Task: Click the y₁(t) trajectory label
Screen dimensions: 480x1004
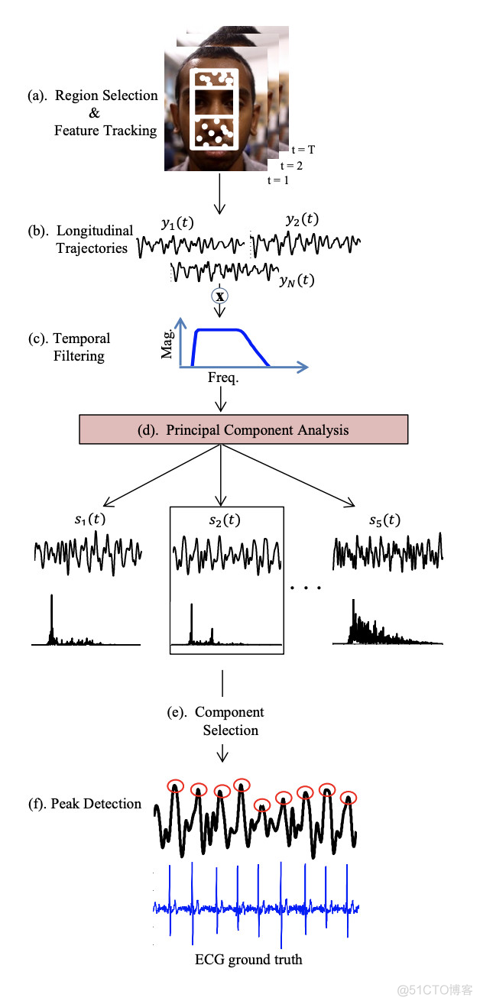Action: click(x=177, y=222)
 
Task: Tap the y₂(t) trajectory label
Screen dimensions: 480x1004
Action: click(x=303, y=219)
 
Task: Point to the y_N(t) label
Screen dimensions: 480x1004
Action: click(x=297, y=280)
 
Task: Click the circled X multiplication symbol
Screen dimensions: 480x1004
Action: click(x=219, y=296)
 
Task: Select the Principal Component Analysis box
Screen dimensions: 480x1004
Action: click(x=243, y=429)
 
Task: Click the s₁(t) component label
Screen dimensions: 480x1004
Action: click(x=89, y=519)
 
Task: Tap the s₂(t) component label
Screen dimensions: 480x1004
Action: click(x=225, y=520)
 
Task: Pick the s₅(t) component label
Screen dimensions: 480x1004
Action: click(x=384, y=520)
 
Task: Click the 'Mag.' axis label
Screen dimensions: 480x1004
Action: click(x=167, y=345)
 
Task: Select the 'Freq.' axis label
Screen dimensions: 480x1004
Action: click(x=222, y=378)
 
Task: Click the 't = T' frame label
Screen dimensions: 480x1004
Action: click(x=303, y=150)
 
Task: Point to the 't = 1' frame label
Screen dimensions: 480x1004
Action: click(x=278, y=180)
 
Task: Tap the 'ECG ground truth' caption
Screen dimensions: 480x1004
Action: click(x=248, y=960)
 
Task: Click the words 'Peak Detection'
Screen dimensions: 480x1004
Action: click(x=96, y=804)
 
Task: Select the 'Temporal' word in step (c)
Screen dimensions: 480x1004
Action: click(x=82, y=338)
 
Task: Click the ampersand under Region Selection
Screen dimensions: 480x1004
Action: click(x=94, y=112)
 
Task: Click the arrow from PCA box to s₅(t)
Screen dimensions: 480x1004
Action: click(x=287, y=475)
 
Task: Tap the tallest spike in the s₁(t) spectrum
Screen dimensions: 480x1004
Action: click(x=51, y=619)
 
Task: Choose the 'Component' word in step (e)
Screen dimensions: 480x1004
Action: click(x=229, y=712)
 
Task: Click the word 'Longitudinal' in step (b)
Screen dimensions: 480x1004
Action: click(x=95, y=231)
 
